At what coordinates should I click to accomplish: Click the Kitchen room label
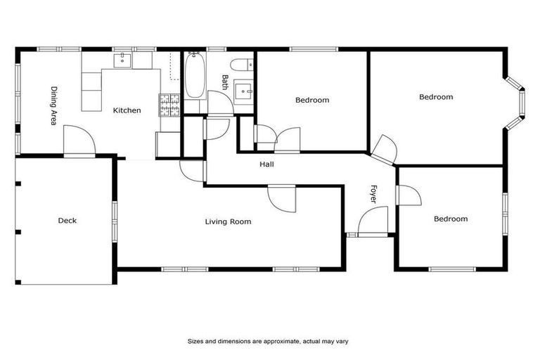click(x=127, y=110)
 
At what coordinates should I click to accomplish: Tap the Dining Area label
click(x=53, y=105)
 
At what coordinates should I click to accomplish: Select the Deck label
click(x=67, y=221)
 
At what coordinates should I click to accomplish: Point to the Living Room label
click(x=228, y=222)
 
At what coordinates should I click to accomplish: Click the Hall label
click(x=266, y=165)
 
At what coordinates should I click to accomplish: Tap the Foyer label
click(x=373, y=195)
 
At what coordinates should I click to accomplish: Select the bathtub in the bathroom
click(x=195, y=77)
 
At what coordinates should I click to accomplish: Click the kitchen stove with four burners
click(x=169, y=105)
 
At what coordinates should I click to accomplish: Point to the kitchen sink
click(x=122, y=60)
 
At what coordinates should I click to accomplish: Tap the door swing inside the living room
click(x=283, y=198)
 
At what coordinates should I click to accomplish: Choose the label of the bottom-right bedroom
click(x=450, y=219)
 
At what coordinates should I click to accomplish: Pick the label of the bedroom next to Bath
click(x=311, y=101)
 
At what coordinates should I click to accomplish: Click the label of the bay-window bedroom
click(x=436, y=97)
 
